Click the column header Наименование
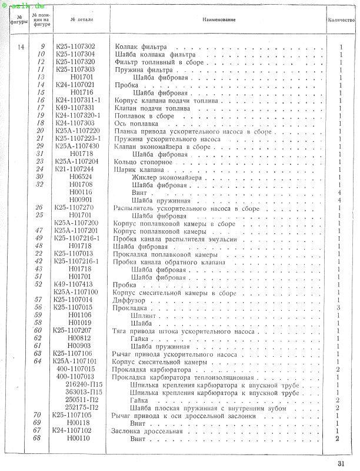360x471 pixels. [219, 21]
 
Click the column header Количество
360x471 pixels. [341, 21]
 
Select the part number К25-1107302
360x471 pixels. [75, 47]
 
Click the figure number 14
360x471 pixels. [21, 47]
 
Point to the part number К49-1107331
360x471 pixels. [75, 108]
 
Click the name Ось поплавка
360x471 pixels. [135, 123]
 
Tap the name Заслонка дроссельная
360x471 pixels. [143, 430]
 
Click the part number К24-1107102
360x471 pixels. [75, 430]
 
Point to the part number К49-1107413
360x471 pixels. [75, 284]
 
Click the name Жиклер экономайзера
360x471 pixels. [167, 177]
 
